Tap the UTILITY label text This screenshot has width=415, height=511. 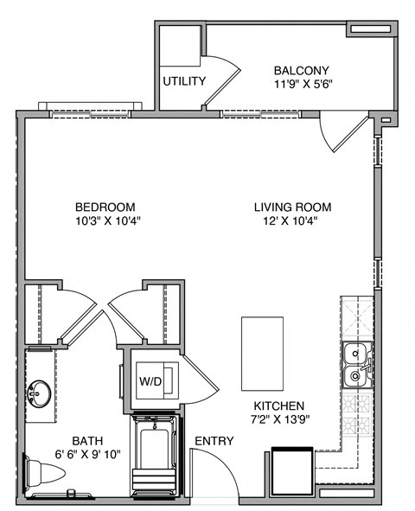[x=184, y=82]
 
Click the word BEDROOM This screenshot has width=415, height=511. [x=105, y=207]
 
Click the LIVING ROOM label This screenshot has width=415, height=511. [x=292, y=207]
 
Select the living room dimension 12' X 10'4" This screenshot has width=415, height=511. [x=292, y=220]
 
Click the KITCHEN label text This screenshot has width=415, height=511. [x=278, y=406]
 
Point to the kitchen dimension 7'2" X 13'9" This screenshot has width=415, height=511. [x=278, y=419]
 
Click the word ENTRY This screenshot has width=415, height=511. [x=214, y=441]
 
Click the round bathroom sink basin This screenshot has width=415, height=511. [x=39, y=396]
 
